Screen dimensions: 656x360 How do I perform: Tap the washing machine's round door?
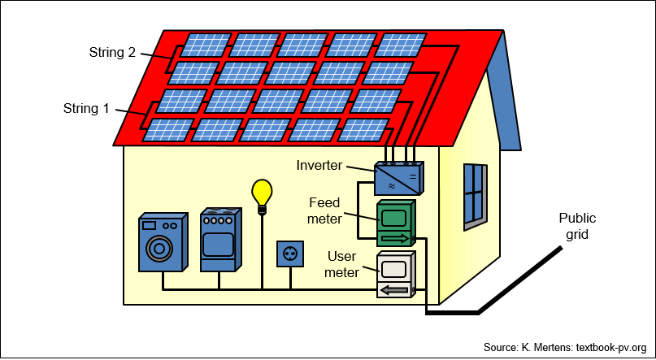pyautogui.click(x=159, y=249)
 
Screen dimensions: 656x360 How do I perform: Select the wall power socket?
pyautogui.click(x=290, y=254)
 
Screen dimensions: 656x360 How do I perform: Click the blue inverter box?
pyautogui.click(x=398, y=179)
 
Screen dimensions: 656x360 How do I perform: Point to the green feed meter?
pyautogui.click(x=397, y=223)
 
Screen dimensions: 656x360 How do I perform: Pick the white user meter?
pyautogui.click(x=396, y=275)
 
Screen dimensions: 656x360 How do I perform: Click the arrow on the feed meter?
pyautogui.click(x=394, y=238)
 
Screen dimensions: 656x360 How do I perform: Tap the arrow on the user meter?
pyautogui.click(x=394, y=290)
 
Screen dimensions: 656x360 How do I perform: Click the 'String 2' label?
pyautogui.click(x=112, y=53)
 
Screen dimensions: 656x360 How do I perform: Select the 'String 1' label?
pyautogui.click(x=86, y=108)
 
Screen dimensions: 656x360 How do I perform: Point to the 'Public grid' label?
pyautogui.click(x=577, y=226)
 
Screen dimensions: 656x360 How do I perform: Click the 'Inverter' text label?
pyautogui.click(x=319, y=165)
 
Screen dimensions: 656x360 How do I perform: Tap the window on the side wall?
pyautogui.click(x=476, y=197)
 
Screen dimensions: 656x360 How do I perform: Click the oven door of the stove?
pyautogui.click(x=218, y=244)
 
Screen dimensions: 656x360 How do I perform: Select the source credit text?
pyautogui.click(x=565, y=348)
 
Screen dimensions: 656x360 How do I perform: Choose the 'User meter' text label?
pyautogui.click(x=341, y=264)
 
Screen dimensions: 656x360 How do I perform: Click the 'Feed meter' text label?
pyautogui.click(x=324, y=210)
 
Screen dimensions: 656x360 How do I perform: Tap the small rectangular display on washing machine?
pyautogui.click(x=149, y=225)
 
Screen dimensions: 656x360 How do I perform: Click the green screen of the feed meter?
pyautogui.click(x=393, y=218)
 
